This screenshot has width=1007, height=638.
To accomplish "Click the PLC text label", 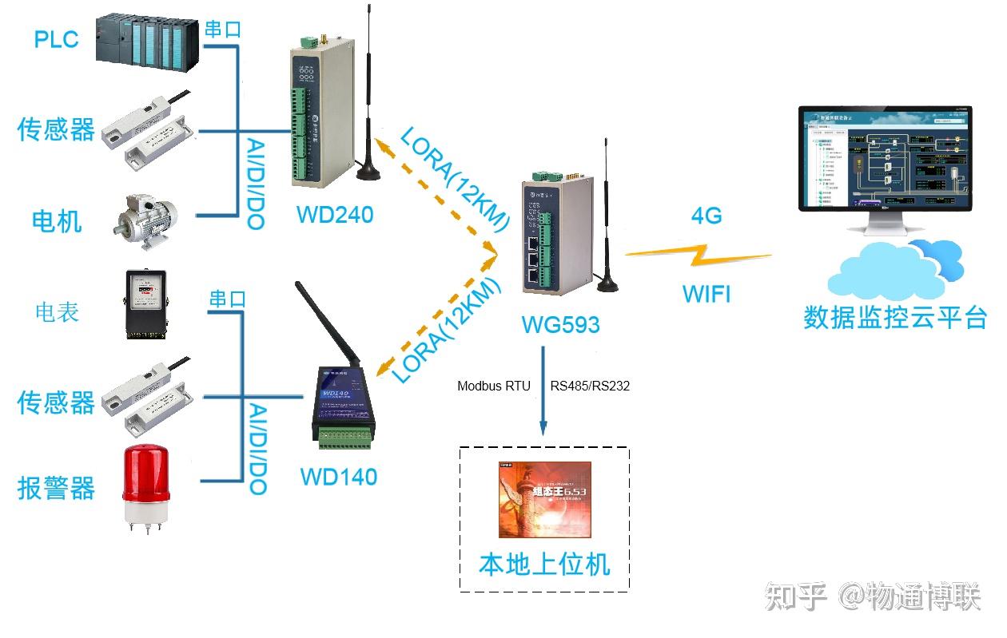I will [56, 38].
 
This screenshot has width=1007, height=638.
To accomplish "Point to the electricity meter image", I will [144, 305].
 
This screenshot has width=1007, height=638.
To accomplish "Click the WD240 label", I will [334, 215].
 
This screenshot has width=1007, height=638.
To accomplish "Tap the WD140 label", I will [338, 477].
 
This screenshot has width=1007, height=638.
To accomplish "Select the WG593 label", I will [560, 324].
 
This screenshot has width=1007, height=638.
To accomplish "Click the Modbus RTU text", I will [493, 386].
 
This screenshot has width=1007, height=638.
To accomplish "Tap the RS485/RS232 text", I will [590, 386].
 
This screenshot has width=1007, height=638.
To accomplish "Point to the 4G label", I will [706, 216].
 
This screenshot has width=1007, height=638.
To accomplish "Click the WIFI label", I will [706, 294].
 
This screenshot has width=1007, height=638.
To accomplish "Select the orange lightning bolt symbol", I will [697, 256].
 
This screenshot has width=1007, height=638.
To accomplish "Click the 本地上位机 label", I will [544, 564].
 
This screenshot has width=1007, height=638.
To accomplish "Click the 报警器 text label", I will [56, 487].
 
